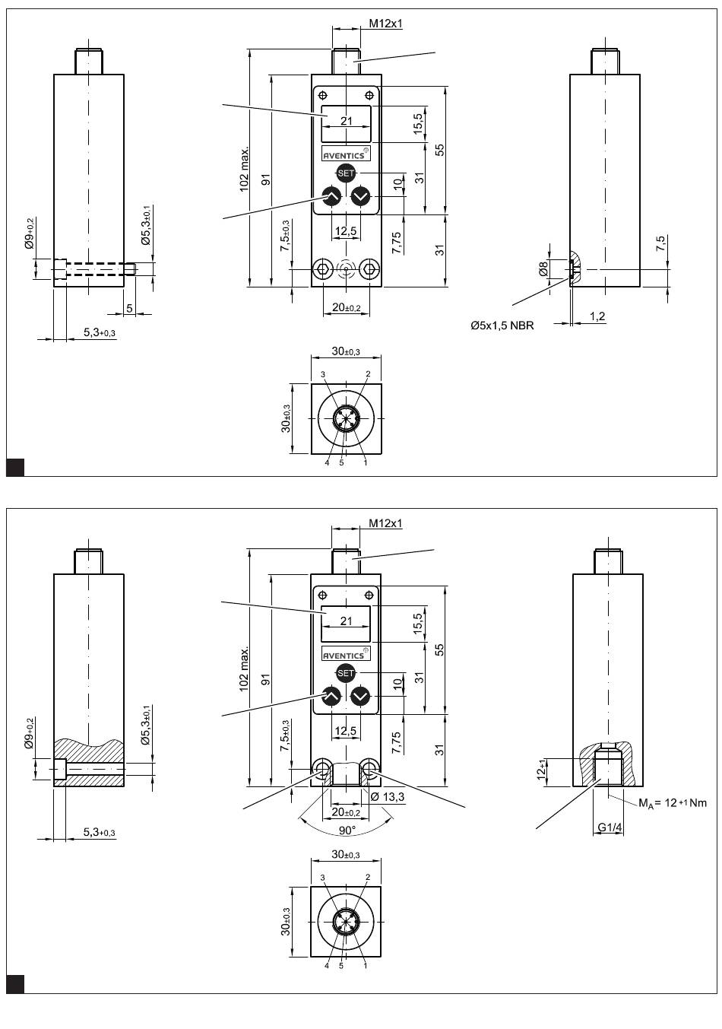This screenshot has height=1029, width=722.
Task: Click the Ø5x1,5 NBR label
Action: pyautogui.click(x=502, y=326)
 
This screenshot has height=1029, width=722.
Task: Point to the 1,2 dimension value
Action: pyautogui.click(x=597, y=316)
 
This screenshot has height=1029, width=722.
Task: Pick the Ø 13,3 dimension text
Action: pyautogui.click(x=387, y=796)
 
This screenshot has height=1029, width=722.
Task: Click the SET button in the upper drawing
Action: pyautogui.click(x=346, y=173)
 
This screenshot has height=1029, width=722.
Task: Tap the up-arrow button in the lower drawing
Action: pyautogui.click(x=331, y=696)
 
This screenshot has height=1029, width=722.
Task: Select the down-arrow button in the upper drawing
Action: pyautogui.click(x=360, y=196)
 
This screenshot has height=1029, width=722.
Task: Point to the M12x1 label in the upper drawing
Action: pyautogui.click(x=385, y=24)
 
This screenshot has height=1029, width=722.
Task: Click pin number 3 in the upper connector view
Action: pyautogui.click(x=323, y=375)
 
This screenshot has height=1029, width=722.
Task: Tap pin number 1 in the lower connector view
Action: pyautogui.click(x=366, y=966)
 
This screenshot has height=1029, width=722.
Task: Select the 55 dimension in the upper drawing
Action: pyautogui.click(x=439, y=150)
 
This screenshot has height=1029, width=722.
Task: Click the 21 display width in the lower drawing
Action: pyautogui.click(x=347, y=621)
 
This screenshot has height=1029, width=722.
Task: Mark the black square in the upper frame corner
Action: pyautogui.click(x=15, y=467)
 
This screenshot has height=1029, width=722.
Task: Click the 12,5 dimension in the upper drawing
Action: pyautogui.click(x=346, y=231)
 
